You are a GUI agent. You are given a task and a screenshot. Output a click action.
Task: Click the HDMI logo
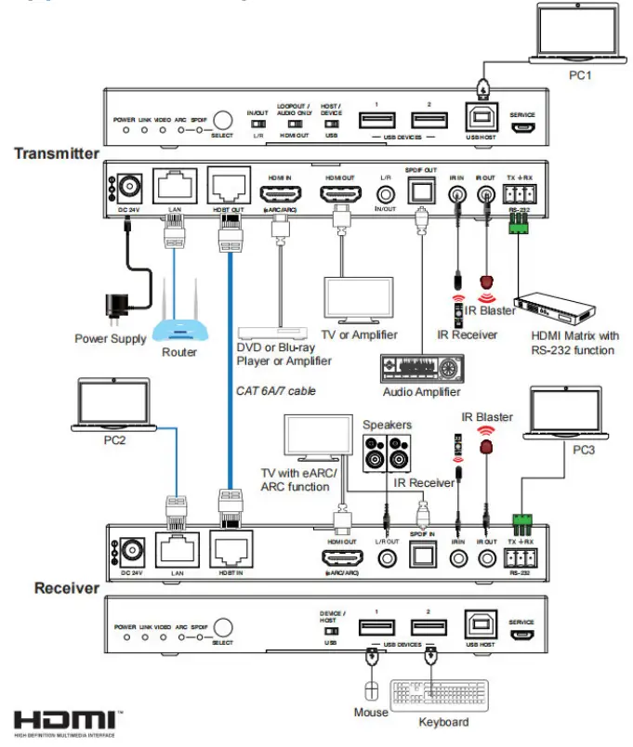click(64, 720)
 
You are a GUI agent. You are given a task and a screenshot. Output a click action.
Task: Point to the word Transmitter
click(57, 152)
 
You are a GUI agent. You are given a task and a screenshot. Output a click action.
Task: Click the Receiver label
click(66, 588)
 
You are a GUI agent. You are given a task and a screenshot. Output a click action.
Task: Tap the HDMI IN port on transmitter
click(278, 196)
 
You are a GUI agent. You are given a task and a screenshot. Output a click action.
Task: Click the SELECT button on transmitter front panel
click(221, 122)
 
